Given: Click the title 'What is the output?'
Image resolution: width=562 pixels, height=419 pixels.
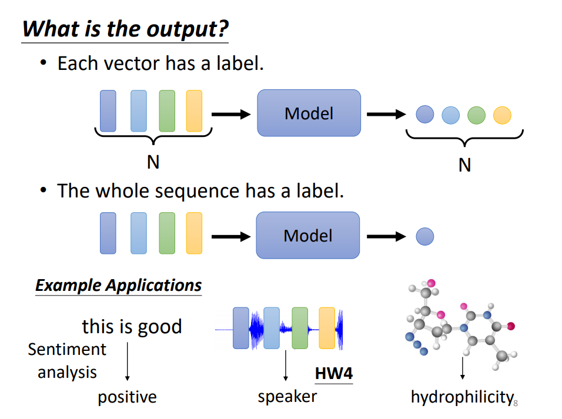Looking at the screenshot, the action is pos(125,29).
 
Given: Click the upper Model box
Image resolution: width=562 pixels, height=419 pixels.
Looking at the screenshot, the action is pos(309,113).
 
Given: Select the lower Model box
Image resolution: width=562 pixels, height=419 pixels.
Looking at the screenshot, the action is pos(308,235).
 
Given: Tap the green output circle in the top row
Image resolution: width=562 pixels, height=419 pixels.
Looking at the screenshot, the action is pos(476,115).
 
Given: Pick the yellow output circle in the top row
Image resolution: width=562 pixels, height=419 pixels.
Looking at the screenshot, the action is pos(502,115).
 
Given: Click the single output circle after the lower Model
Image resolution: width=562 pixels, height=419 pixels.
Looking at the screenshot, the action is pos(424,237).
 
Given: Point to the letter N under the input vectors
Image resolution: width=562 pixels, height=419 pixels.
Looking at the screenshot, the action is pos(153,162).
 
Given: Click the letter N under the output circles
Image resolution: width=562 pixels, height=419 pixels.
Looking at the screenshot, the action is pos(465,165).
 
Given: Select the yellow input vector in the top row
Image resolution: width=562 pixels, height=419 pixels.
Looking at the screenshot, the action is pos(194,111).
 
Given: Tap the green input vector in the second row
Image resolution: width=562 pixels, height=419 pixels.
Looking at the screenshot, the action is pos(167,233).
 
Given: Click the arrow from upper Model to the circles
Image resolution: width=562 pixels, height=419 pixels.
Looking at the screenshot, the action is pos(386,115).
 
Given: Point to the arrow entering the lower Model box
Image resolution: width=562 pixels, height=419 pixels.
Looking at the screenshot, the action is pos(231,237).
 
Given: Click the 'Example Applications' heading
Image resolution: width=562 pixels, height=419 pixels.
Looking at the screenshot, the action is pos(119,285).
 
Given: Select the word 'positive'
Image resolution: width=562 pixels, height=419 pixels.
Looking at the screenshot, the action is pos(127,397).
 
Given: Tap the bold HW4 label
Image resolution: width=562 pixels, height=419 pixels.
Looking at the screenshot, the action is pos(334,374).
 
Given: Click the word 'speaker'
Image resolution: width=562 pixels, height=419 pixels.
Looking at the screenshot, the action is pos(287,397).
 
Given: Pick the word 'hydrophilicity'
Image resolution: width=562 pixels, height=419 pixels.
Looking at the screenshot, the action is pos(463,397).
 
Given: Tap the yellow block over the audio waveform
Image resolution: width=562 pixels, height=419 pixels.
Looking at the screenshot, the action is pos(327,328).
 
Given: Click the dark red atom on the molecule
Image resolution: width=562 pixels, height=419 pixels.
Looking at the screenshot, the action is pos(511,326).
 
